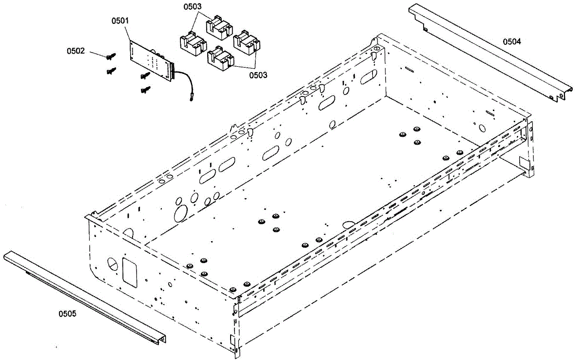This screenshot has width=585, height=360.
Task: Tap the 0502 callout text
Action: pyautogui.click(x=76, y=50)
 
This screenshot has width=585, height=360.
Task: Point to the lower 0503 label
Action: pyautogui.click(x=258, y=75)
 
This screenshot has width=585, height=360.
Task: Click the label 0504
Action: pyautogui.click(x=512, y=41)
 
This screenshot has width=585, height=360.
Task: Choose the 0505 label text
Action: pyautogui.click(x=67, y=313)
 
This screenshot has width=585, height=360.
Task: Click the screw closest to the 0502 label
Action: pyautogui.click(x=111, y=56)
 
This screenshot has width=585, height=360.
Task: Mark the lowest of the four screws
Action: pyautogui.click(x=145, y=90)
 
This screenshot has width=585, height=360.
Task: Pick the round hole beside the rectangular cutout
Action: pyautogui.click(x=112, y=264)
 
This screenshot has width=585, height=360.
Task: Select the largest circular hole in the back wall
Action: pyautogui.click(x=181, y=213)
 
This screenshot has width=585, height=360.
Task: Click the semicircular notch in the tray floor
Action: pyautogui.click(x=349, y=225)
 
